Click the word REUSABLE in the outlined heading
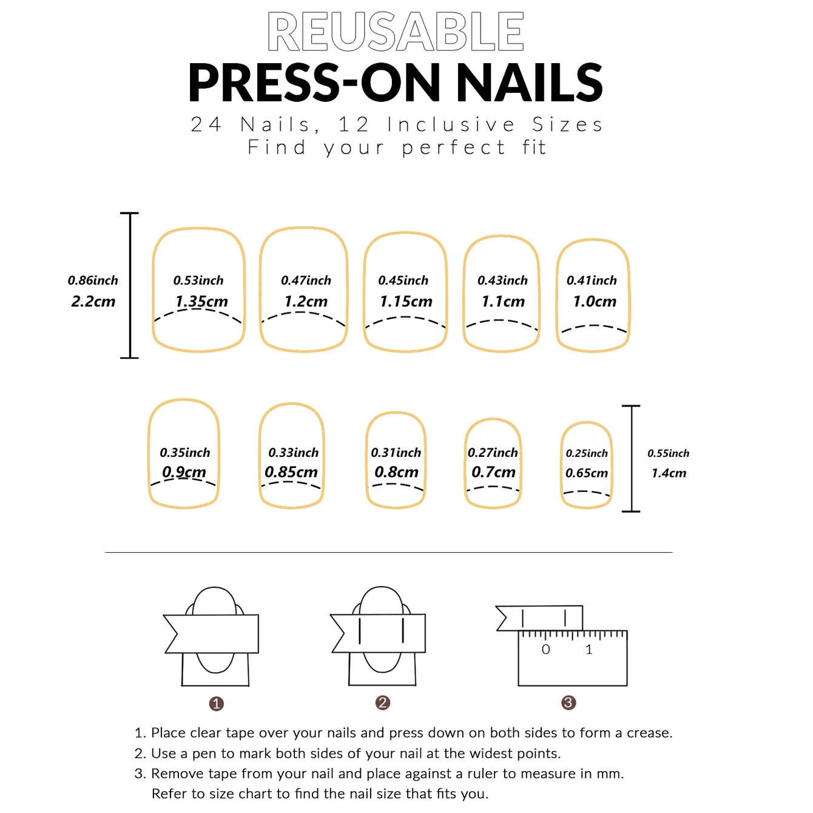[x=396, y=32]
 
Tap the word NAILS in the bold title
[x=529, y=83]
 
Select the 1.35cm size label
[x=201, y=302]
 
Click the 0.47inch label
[x=306, y=280]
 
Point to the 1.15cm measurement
[x=406, y=302]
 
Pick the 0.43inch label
[x=502, y=280]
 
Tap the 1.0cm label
[x=595, y=302]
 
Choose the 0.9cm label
[x=184, y=472]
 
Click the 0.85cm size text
[x=291, y=472]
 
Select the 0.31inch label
[x=396, y=453]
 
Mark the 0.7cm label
[x=493, y=472]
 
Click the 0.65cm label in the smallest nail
[x=587, y=473]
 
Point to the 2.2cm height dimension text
[x=93, y=302]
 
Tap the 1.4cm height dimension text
[x=669, y=473]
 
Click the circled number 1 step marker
[x=217, y=704]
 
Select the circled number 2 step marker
[x=382, y=703]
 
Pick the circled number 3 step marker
[x=568, y=703]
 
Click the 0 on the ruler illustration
[x=545, y=650]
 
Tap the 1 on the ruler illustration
[x=589, y=650]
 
